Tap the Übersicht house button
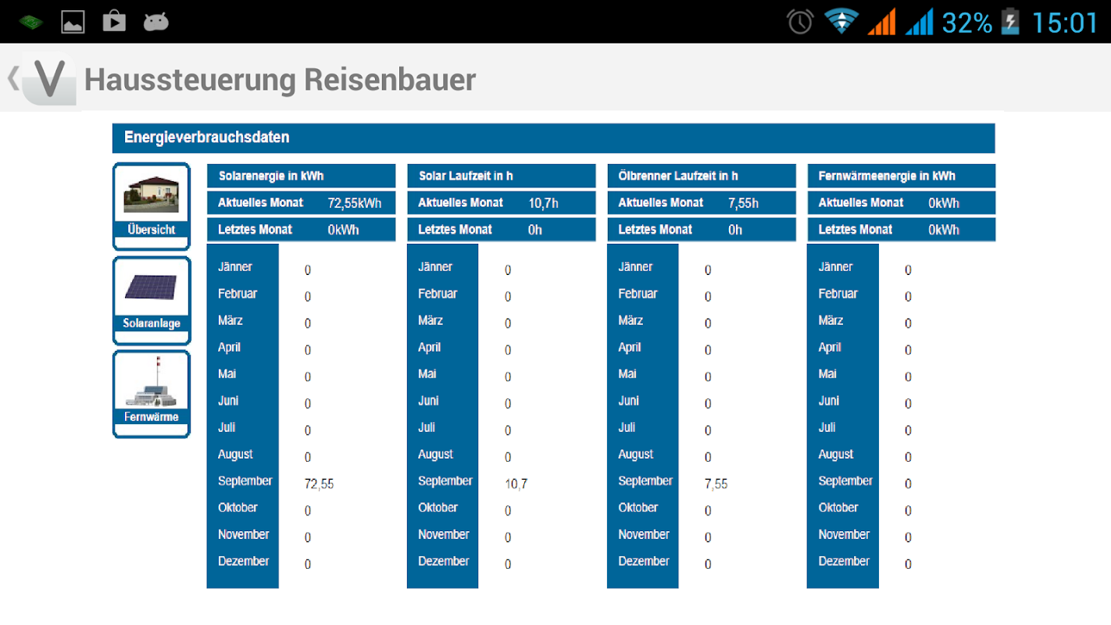[x=152, y=205]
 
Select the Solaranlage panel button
[x=152, y=300]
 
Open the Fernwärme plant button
[x=152, y=394]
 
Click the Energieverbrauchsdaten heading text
[x=207, y=137]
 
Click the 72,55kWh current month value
[x=355, y=203]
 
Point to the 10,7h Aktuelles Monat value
[x=543, y=203]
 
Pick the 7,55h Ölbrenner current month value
[x=743, y=203]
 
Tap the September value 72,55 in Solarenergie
[x=319, y=484]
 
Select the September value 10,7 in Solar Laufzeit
[x=516, y=484]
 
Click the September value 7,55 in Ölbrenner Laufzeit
[x=716, y=484]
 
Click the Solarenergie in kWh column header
[x=271, y=176]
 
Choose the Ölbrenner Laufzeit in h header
[x=678, y=176]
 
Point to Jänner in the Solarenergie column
[x=235, y=267]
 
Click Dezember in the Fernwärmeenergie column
[x=844, y=561]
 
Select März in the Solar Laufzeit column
[x=430, y=320]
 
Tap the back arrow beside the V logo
[x=13, y=78]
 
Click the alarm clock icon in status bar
[x=800, y=22]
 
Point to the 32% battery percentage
[x=966, y=23]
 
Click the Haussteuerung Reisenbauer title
[x=280, y=80]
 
